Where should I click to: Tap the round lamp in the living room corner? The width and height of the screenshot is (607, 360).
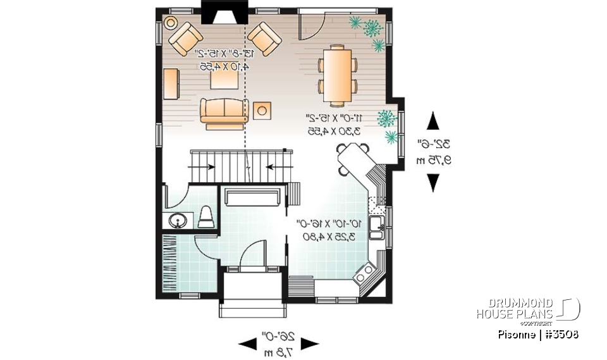tap(171, 23)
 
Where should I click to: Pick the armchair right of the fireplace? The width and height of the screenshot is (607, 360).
tap(264, 39)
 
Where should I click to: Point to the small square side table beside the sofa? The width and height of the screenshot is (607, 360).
tap(262, 110)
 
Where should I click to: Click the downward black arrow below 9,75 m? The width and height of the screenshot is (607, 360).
tap(433, 182)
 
